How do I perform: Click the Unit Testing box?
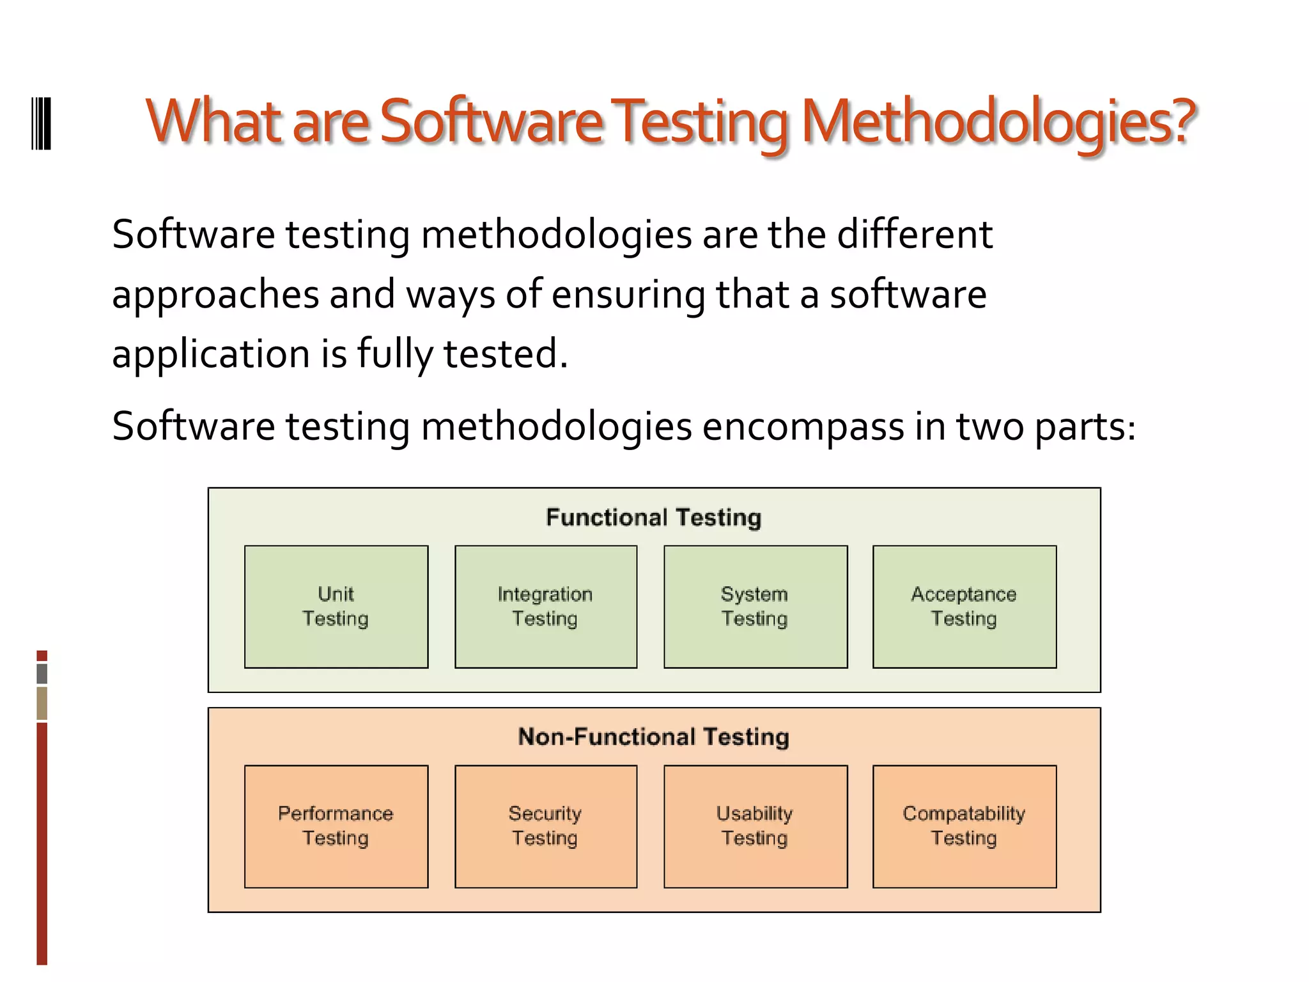tap(336, 606)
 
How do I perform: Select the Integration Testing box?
tap(546, 606)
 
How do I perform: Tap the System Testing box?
tap(755, 606)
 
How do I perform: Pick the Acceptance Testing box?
tap(964, 606)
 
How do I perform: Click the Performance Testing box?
tap(336, 826)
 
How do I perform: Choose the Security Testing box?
tap(546, 826)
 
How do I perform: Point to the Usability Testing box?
tap(755, 826)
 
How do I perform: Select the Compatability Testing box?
tap(964, 826)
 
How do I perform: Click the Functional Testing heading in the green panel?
tap(654, 517)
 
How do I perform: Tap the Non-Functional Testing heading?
tap(654, 737)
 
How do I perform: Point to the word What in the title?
tap(213, 121)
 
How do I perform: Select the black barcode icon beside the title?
tap(42, 123)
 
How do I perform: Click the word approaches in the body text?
tap(215, 295)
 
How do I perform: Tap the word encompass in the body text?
tap(803, 426)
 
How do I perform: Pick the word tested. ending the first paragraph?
tap(506, 354)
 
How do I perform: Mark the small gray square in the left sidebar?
tap(42, 673)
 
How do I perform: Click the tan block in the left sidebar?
tap(42, 703)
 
